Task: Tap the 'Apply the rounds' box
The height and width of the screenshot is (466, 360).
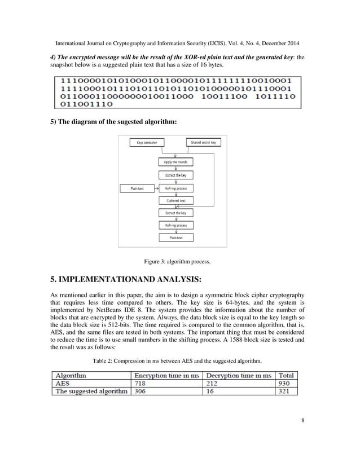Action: coord(176,161)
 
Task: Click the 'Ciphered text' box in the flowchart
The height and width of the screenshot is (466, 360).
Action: coord(176,200)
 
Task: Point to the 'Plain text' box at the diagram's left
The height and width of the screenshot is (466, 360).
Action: coord(137,188)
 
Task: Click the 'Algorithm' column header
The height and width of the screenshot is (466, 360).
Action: coord(71,375)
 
